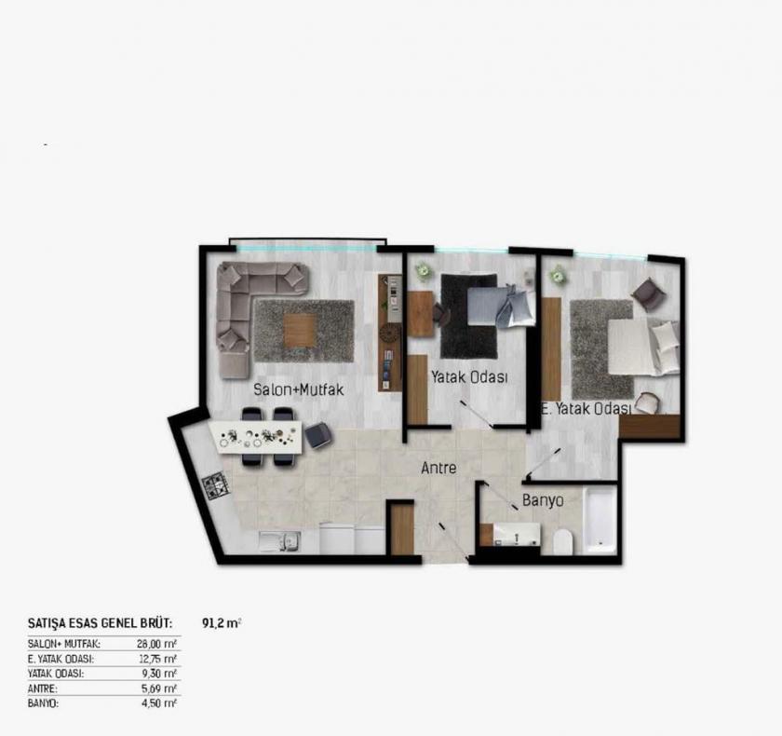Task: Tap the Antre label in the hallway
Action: [x=438, y=469]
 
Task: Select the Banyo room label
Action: [x=543, y=500]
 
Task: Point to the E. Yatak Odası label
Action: [x=586, y=408]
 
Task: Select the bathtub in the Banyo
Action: [x=600, y=520]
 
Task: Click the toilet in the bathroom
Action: [x=562, y=541]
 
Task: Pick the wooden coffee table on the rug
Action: [x=300, y=329]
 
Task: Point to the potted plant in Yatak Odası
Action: [x=424, y=271]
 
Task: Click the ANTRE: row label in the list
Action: [x=43, y=688]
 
